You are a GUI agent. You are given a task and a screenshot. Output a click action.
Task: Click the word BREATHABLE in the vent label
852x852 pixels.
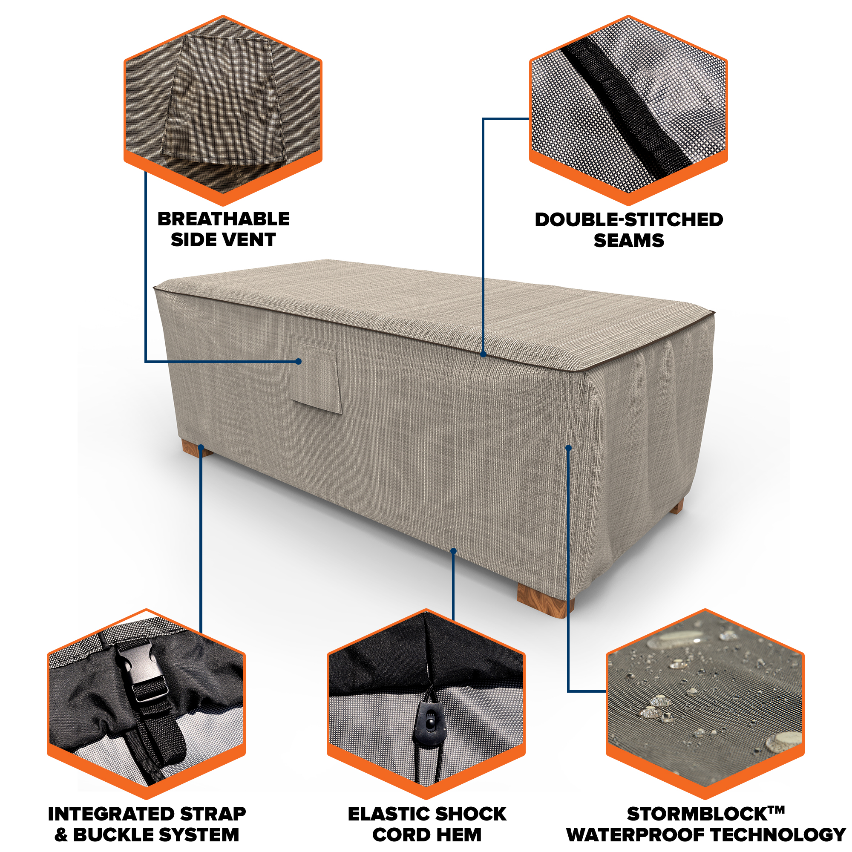224,219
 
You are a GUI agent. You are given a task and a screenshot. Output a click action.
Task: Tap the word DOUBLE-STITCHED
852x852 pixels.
629,220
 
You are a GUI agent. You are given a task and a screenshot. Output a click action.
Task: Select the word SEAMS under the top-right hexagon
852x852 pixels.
629,241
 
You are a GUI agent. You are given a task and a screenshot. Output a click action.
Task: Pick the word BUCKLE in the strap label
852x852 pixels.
113,835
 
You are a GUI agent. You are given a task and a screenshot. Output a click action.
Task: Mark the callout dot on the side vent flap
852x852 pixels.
299,362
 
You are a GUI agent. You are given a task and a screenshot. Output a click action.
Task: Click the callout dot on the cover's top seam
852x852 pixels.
484,354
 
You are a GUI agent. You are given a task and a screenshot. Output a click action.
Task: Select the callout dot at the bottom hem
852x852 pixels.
453,551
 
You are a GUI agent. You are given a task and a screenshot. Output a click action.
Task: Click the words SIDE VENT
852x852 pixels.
223,240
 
